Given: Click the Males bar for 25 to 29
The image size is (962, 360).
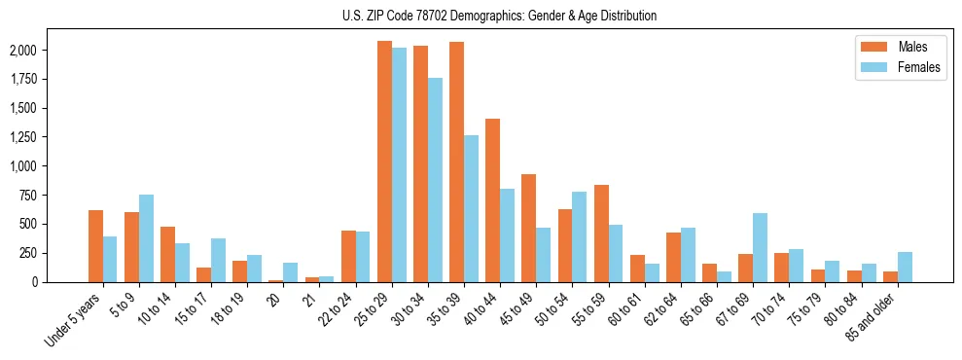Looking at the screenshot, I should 384,162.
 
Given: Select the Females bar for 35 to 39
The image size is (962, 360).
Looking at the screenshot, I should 471,208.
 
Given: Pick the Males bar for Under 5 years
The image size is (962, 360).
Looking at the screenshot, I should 95,246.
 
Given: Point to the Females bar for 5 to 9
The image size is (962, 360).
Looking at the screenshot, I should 146,238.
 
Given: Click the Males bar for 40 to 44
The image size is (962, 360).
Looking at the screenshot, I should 492,200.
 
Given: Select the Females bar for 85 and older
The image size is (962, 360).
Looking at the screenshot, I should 905,267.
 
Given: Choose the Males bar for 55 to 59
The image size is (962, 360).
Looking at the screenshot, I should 601,234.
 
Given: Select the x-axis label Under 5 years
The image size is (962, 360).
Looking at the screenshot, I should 74,320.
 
